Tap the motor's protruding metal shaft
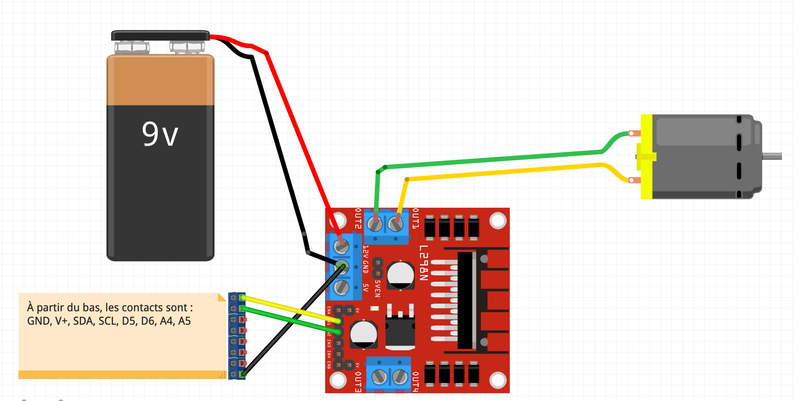point(772,156)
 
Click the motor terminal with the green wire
point(633,133)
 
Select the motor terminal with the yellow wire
point(633,180)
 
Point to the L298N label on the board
point(424,263)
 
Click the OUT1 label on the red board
point(415,218)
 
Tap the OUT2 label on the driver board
point(358,218)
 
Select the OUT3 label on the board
point(358,382)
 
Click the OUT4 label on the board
point(415,382)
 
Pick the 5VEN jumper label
point(378,288)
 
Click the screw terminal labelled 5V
point(341,287)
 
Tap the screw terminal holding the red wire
point(341,246)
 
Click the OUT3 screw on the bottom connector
point(379,377)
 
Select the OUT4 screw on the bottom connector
point(400,377)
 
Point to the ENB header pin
point(338,365)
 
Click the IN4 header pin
point(338,354)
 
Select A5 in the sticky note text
point(184,321)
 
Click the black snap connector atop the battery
point(160,36)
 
